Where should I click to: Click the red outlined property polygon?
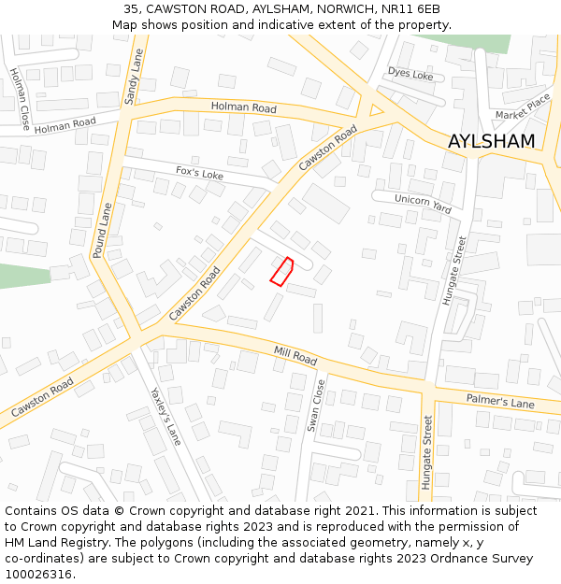coord(281,271)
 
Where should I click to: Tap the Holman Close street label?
coord(20,98)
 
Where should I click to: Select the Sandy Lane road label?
coord(132,78)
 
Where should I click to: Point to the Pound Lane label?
coord(102,231)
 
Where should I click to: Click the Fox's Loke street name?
coord(199,174)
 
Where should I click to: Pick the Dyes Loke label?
coord(410,73)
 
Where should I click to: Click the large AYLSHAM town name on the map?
coord(491,141)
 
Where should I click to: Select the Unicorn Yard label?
coord(423,205)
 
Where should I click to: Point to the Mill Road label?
coord(295,356)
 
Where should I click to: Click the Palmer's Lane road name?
coord(500,403)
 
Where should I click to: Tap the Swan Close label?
coord(315,405)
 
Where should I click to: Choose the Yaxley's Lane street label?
coord(166,416)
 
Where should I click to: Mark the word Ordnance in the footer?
coord(441,559)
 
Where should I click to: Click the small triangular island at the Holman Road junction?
coord(376,109)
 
